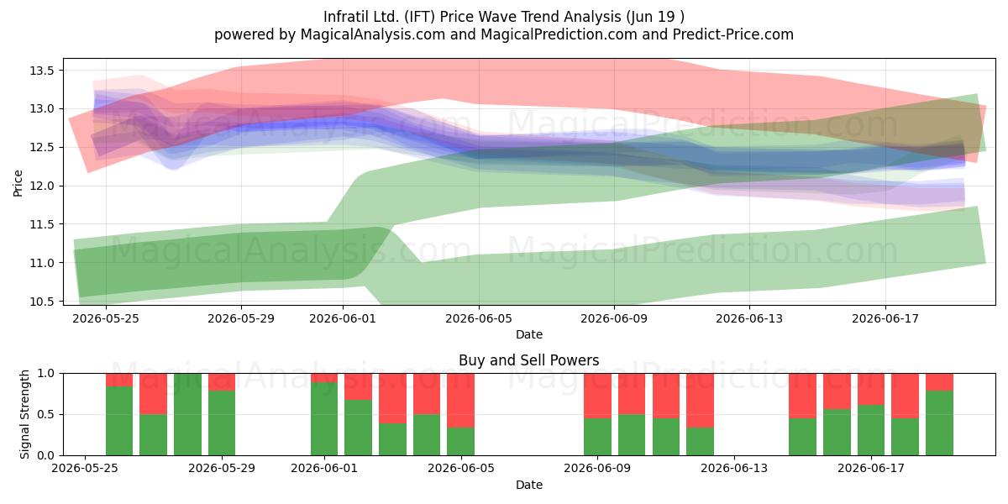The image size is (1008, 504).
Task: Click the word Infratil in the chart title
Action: point(346,17)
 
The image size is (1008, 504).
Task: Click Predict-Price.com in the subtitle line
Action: point(733,34)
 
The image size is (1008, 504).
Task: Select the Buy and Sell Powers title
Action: point(528,360)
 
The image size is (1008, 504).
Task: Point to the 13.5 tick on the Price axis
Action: point(41,71)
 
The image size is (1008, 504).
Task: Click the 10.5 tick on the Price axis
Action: point(41,302)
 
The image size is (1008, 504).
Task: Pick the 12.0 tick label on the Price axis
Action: point(41,186)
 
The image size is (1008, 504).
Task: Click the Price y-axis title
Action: point(18,183)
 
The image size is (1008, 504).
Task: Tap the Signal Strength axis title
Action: point(24,414)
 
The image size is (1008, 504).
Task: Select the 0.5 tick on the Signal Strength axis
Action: point(45,414)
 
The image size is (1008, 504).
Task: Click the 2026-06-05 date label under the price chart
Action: point(479,318)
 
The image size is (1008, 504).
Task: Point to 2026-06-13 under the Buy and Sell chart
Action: point(734,469)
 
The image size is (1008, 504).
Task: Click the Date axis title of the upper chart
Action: point(528,334)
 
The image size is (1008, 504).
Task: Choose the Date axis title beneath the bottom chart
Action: point(528,485)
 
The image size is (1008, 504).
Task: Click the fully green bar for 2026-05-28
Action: point(187,414)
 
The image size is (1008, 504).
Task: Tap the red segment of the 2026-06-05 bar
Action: point(461,400)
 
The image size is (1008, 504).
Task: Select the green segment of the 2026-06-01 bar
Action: point(324,419)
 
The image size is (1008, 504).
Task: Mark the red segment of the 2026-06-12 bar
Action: point(700,400)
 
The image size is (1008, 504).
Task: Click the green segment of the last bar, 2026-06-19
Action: point(939,423)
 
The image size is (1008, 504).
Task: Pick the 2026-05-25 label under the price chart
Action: point(106,318)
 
